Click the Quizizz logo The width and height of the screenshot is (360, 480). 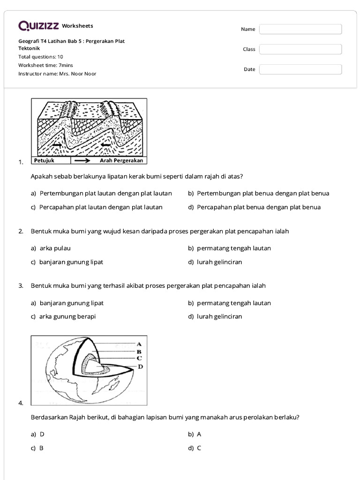click(x=39, y=26)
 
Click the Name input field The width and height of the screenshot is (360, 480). click(x=300, y=29)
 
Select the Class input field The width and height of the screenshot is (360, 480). click(x=300, y=49)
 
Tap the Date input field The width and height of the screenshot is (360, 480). click(x=300, y=69)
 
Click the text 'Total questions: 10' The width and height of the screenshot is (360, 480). click(x=41, y=57)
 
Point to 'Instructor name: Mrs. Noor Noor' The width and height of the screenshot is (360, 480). click(x=57, y=74)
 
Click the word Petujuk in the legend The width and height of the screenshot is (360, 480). click(x=45, y=160)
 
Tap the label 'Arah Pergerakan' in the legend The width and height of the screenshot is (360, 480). click(x=121, y=160)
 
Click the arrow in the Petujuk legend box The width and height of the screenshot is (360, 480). click(x=82, y=160)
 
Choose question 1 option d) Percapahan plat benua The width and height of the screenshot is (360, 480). click(x=254, y=207)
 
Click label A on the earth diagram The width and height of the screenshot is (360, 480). click(x=139, y=344)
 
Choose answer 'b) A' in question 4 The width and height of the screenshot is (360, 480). click(x=195, y=434)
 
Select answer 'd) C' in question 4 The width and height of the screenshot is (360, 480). click(x=195, y=448)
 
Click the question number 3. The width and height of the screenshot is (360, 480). click(x=21, y=285)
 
